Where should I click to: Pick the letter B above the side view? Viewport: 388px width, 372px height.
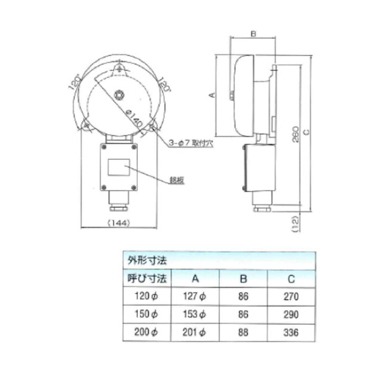coord(253,35)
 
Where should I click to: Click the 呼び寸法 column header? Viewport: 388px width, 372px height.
coord(146,277)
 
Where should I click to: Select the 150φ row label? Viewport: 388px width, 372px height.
coord(146,314)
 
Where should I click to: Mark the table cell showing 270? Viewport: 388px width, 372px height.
coord(290,295)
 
